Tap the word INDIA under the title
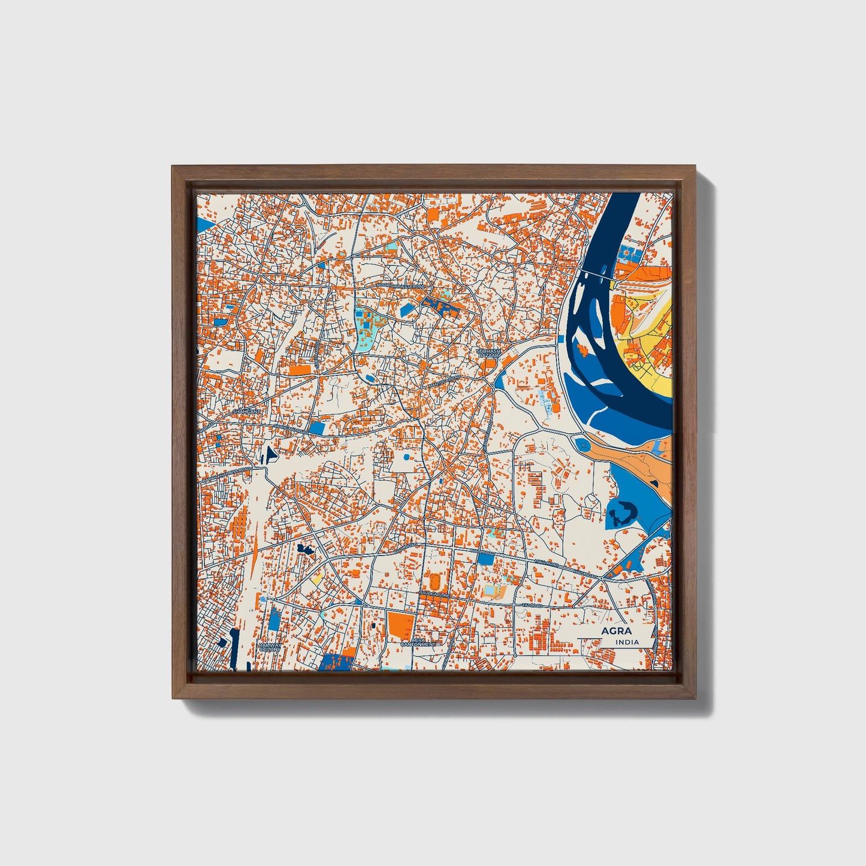626,642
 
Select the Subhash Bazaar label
488,353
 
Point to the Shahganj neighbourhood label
246,412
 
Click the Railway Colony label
270,647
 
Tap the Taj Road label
532,605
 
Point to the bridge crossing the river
593,274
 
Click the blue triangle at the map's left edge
205,224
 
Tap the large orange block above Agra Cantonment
400,624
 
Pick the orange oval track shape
433,581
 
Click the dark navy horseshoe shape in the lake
621,512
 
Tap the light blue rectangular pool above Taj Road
491,592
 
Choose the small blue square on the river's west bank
581,444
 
